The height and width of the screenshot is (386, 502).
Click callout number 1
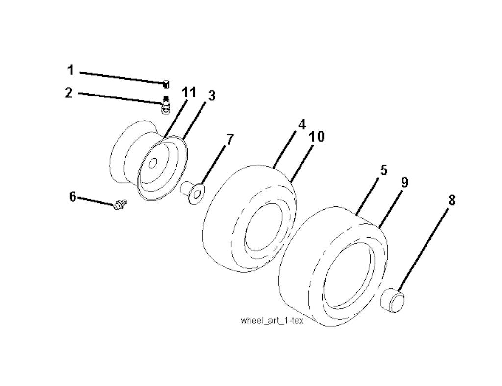71,70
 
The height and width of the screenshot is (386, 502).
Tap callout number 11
189,93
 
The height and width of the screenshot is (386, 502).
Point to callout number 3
212,96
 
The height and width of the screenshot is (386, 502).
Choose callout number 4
302,124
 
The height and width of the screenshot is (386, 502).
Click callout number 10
317,137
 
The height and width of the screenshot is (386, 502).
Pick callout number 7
230,140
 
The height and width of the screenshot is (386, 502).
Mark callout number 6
73,196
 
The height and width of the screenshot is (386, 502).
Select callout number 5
384,170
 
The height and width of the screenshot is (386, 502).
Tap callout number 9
404,182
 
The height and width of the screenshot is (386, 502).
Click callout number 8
452,200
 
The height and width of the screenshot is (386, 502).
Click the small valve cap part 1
166,84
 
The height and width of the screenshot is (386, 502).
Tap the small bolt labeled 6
121,204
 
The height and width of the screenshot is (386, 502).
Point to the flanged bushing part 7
193,193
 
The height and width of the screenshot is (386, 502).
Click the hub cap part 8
392,300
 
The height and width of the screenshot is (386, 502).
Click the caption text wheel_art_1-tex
272,320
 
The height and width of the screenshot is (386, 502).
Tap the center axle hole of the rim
153,163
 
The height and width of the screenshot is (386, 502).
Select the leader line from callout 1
122,78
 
